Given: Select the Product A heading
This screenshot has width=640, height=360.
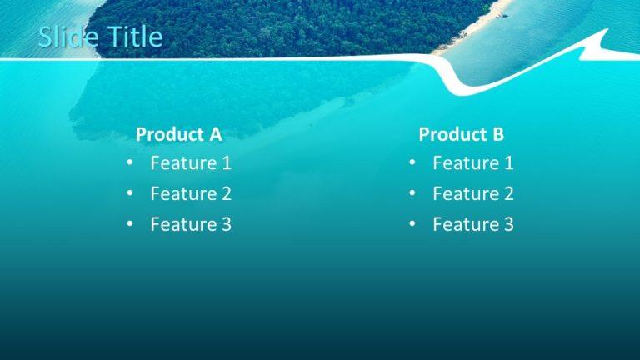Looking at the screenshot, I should tap(178, 134).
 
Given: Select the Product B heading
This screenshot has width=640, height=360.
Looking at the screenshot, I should tap(461, 134).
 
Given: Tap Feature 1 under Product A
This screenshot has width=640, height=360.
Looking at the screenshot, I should tap(191, 163).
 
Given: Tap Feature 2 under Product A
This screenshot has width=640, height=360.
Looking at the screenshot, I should tap(191, 194).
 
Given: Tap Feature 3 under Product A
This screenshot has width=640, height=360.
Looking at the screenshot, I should tap(191, 224).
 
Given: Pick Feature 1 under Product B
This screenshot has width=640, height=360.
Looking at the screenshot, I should tap(473, 163).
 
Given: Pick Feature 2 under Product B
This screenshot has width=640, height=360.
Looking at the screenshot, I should tap(473, 194).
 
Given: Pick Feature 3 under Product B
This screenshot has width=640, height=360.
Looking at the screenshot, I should tap(473, 224).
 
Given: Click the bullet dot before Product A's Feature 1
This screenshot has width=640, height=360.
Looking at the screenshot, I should tap(130, 163).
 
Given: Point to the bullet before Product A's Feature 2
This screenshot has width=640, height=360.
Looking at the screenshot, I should tap(130, 194).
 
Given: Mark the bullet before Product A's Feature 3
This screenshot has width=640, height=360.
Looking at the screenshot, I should tap(130, 224).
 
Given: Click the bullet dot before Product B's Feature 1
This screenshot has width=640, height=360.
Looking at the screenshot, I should tap(412, 163).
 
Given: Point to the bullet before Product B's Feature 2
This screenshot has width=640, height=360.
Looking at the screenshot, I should tap(412, 194).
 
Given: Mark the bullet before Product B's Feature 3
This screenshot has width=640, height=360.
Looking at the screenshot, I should tap(412, 224).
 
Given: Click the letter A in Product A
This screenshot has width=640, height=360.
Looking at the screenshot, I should tap(215, 134).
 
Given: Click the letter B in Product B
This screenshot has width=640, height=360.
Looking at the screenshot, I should tap(498, 134).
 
